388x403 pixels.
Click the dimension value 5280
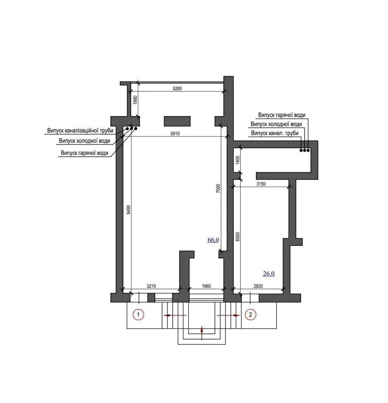[x=177, y=89]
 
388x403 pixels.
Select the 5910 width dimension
[x=175, y=134]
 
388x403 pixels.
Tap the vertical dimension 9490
[x=129, y=209]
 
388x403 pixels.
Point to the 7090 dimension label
[x=218, y=188]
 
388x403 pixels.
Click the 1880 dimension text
[x=135, y=100]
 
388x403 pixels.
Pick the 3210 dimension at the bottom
[x=151, y=286]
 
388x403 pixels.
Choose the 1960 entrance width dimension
[x=206, y=286]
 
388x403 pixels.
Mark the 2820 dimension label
[x=258, y=286]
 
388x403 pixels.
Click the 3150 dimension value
[x=261, y=184]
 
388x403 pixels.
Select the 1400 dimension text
[x=238, y=160]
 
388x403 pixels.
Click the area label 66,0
[x=213, y=240]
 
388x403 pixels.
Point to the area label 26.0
[x=269, y=274]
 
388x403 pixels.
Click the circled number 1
[x=138, y=315]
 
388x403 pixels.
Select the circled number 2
[x=251, y=315]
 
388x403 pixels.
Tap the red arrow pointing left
[x=175, y=315]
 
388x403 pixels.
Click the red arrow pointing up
[x=202, y=333]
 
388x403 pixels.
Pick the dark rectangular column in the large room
[x=177, y=121]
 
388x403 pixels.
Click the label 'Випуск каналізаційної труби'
[x=80, y=130]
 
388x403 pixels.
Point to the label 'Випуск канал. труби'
[x=275, y=133]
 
